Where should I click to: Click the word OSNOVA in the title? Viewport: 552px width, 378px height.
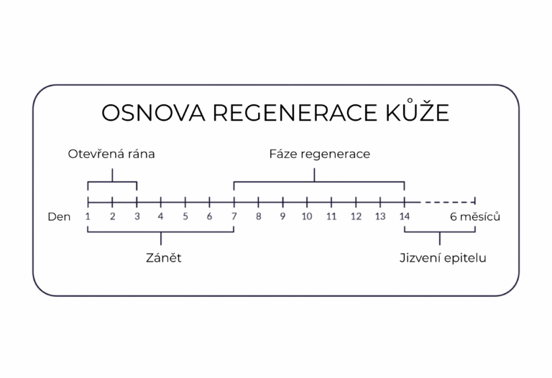(x=153, y=113)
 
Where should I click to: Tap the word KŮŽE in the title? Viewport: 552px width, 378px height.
(x=417, y=111)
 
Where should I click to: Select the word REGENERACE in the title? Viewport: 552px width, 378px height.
(x=295, y=113)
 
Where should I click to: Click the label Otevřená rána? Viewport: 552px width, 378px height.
(x=111, y=155)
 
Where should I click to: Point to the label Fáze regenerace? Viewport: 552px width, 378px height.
(x=320, y=155)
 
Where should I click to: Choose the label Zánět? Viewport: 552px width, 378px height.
(x=164, y=258)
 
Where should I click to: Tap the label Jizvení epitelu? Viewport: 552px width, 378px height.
(x=443, y=258)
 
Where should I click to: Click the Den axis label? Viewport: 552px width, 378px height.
(x=59, y=217)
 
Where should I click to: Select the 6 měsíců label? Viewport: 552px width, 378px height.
(x=475, y=216)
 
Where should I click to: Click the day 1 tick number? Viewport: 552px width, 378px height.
(x=88, y=216)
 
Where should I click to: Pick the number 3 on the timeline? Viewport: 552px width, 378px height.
(x=137, y=216)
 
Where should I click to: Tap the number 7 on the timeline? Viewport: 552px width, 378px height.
(x=234, y=216)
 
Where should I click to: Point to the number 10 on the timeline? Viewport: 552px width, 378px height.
(x=307, y=216)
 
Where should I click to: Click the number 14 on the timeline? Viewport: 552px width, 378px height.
(x=405, y=216)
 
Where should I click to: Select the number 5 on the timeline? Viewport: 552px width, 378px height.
(x=185, y=216)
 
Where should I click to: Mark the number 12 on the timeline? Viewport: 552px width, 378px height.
(x=356, y=216)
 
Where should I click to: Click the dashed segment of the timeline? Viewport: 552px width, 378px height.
(x=448, y=203)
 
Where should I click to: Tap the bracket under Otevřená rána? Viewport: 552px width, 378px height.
(x=112, y=182)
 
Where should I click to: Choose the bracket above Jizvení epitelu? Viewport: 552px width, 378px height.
(x=440, y=232)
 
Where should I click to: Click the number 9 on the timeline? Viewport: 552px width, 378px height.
(x=282, y=216)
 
